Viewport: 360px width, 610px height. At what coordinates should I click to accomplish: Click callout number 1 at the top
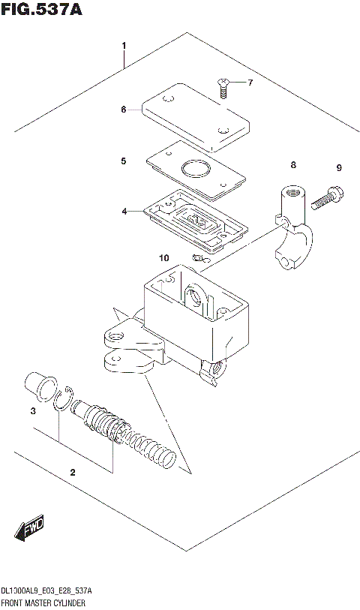coord(124,46)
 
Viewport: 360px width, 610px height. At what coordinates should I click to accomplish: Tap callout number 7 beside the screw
coord(251,83)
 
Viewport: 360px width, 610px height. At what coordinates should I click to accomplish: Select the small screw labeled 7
coord(223,87)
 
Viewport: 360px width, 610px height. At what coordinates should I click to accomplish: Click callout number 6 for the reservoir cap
coord(124,110)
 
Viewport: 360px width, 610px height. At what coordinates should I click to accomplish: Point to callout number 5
coord(124,161)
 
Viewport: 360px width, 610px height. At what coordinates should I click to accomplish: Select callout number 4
coord(124,212)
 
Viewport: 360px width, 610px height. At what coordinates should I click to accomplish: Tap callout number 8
coord(293,164)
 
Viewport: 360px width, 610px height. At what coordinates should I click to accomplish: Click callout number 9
coord(338,167)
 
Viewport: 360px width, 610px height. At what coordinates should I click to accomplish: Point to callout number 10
coord(164,258)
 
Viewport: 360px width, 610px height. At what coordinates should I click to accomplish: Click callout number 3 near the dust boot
coord(32,411)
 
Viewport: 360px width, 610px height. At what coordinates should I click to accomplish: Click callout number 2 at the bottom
coord(73,472)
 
